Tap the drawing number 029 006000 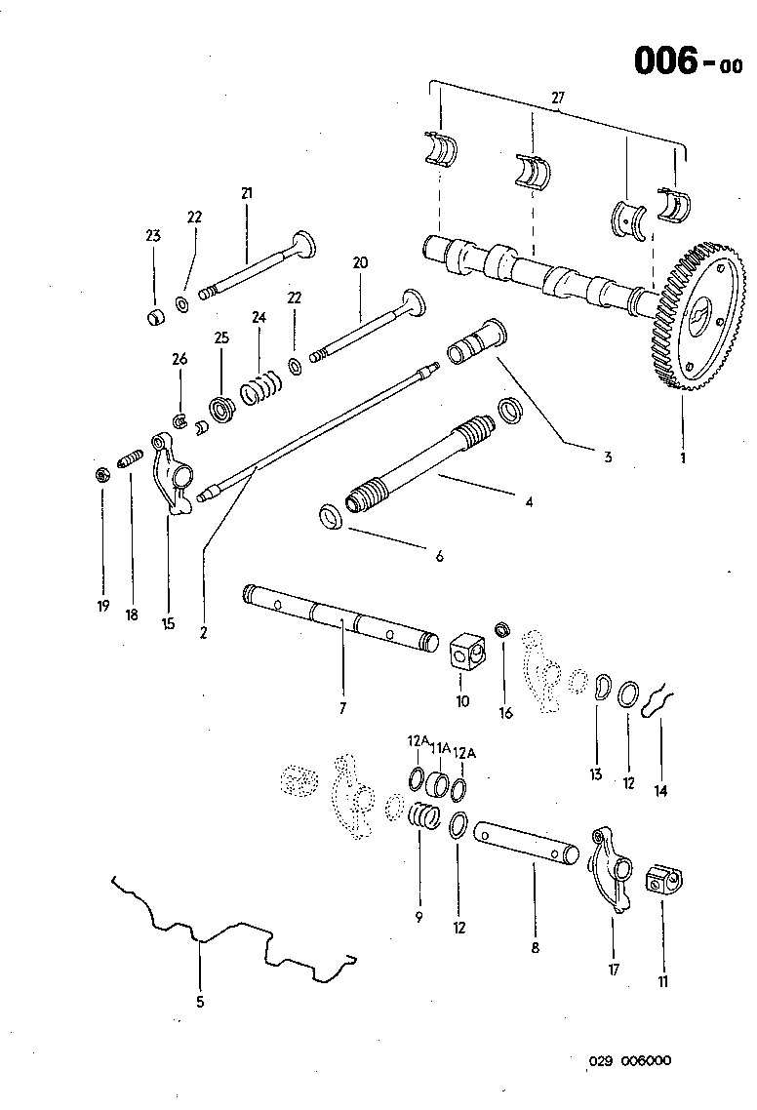tap(629, 1062)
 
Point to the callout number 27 tap(557, 98)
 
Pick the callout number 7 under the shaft tap(342, 708)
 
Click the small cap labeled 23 tap(153, 317)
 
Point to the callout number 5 tap(200, 999)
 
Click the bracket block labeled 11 tap(661, 883)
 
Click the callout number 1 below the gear tap(682, 456)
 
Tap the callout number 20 tap(360, 262)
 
